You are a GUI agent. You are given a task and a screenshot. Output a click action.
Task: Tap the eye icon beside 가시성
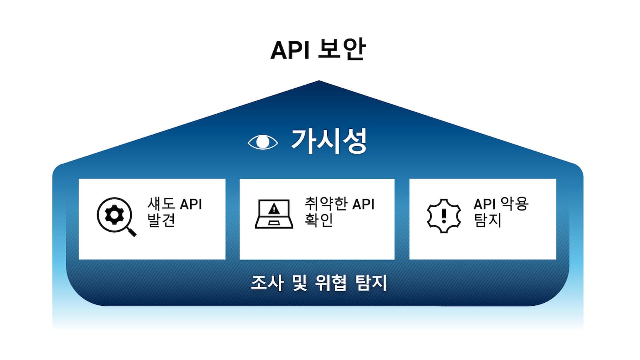click(263, 142)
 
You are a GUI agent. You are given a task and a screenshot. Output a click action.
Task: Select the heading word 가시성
click(329, 141)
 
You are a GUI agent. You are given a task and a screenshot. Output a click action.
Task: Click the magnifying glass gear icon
click(115, 216)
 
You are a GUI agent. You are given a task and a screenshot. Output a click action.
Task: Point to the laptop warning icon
click(274, 214)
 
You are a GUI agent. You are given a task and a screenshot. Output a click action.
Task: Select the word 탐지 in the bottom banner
click(372, 283)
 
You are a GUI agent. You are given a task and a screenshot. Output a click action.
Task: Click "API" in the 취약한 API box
click(364, 204)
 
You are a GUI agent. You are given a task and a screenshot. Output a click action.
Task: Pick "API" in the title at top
click(290, 51)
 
